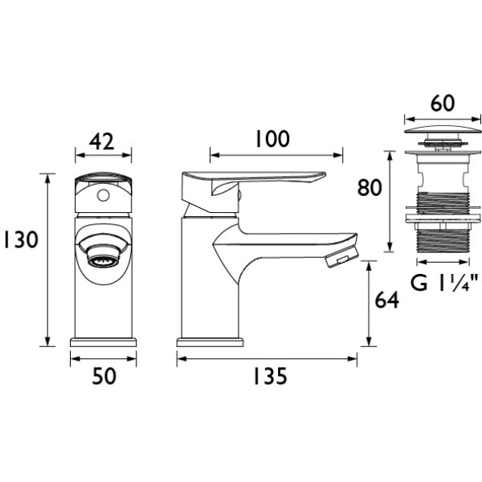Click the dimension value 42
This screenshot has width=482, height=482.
coord(102,141)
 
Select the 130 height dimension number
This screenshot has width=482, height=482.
coord(21,239)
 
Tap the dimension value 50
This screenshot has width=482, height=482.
coord(104,376)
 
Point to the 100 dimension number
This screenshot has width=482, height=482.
coord(272,139)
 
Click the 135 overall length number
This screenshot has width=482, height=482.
coord(270,376)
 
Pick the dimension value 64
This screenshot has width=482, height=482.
coord(386,300)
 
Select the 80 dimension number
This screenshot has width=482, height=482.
coord(370,187)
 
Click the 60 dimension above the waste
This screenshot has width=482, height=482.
coord(443,104)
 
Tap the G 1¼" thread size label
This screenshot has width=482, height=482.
coord(444,283)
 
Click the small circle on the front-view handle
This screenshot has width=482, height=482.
coord(103,195)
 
